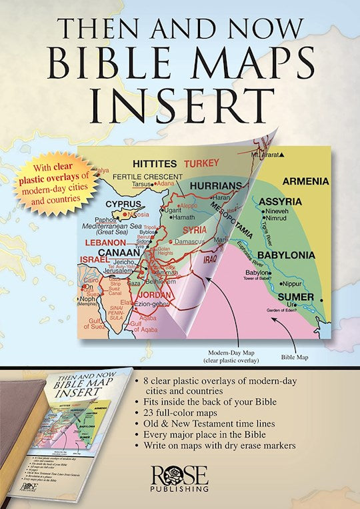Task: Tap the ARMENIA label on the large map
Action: [306, 181]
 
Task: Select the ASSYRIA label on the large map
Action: [280, 201]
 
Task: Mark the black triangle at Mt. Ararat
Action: [283, 155]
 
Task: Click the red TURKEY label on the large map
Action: [201, 163]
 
